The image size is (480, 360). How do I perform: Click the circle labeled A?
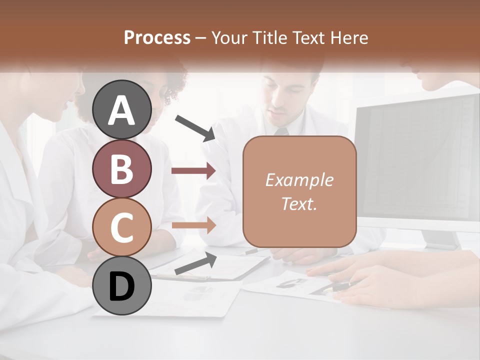tap(122, 109)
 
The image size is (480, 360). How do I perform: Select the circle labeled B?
tap(122, 168)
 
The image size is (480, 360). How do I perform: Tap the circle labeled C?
tap(122, 227)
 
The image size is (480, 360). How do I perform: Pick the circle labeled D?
tap(122, 286)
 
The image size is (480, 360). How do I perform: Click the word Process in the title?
tap(157, 38)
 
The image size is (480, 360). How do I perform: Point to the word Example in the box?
tap(299, 180)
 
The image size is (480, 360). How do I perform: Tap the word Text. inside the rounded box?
tap(299, 203)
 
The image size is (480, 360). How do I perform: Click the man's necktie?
tap(281, 131)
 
